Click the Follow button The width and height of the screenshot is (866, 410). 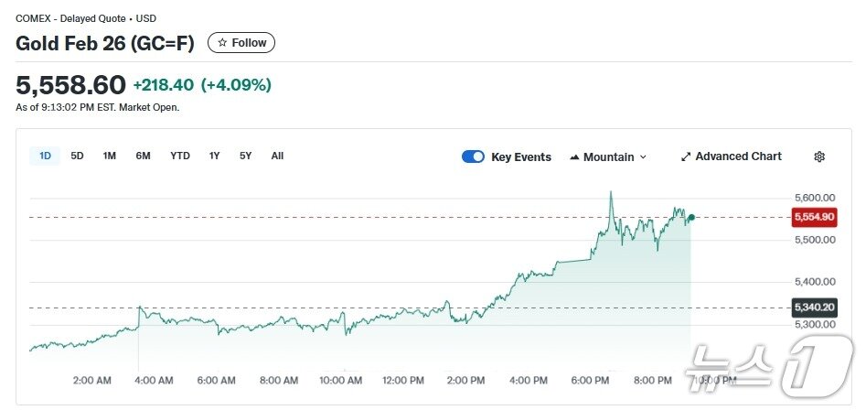(x=241, y=43)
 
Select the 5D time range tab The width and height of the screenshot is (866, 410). (x=78, y=156)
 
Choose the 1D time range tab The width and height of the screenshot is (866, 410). (x=45, y=156)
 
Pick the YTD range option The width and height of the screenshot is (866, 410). (x=180, y=156)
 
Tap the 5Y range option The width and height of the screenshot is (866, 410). (x=246, y=156)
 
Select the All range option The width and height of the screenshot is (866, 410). (x=277, y=156)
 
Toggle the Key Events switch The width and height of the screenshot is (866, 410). (x=473, y=156)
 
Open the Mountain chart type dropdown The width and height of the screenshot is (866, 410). (x=608, y=156)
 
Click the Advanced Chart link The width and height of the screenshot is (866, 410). (x=731, y=156)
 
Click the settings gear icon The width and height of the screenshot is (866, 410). (x=819, y=156)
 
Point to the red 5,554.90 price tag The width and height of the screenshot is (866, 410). (x=814, y=217)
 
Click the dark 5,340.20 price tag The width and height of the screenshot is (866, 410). (x=814, y=307)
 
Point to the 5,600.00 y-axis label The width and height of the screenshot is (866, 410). (x=814, y=198)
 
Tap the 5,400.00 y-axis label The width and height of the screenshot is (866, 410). (x=814, y=281)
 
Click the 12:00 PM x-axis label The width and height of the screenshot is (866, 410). (x=403, y=380)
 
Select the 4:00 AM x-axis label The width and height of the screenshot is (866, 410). (x=154, y=380)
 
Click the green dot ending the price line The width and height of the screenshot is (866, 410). (x=691, y=217)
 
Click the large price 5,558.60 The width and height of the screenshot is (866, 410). (x=70, y=85)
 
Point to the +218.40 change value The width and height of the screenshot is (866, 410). (x=163, y=85)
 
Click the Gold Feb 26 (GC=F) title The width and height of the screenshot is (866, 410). (x=105, y=43)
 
